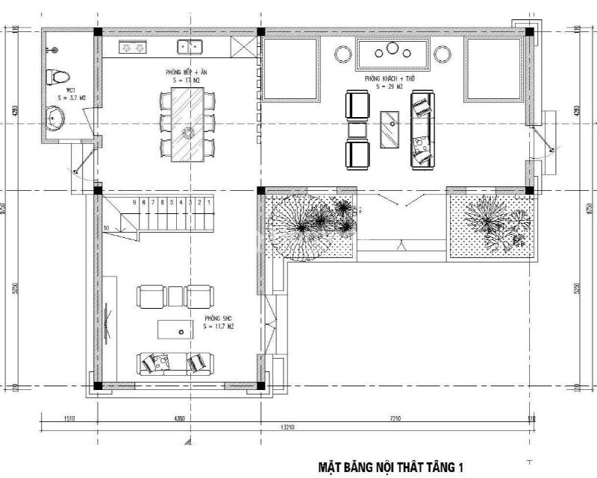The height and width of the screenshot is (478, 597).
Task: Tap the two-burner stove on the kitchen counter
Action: point(134,47)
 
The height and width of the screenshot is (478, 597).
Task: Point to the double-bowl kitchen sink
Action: point(190,47)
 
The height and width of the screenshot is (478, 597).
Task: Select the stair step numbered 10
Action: point(107,227)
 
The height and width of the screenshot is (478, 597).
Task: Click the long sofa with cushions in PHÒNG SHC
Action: point(174,363)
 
